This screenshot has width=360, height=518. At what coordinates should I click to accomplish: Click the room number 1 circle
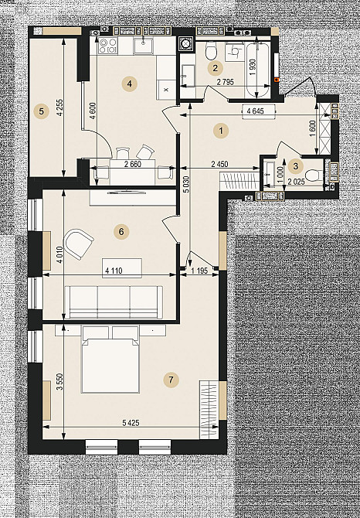point(221,131)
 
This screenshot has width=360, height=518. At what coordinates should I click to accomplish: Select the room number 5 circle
point(41,111)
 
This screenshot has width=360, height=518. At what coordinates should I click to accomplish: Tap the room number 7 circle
point(171,380)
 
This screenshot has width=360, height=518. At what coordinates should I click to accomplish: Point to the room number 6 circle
point(121,232)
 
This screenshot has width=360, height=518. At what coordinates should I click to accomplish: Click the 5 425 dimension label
point(131,423)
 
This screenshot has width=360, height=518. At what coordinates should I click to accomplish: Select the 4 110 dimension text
point(114,271)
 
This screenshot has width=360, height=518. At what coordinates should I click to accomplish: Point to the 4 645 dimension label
point(255,111)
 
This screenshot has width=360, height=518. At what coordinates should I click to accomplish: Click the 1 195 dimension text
point(199,271)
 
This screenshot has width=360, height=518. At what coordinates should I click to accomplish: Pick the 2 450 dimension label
point(219,164)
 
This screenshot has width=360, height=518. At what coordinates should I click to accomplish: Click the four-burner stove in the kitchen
point(108,46)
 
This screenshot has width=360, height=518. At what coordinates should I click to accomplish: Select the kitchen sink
point(143,46)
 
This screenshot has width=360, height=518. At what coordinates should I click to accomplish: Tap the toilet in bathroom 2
point(211,50)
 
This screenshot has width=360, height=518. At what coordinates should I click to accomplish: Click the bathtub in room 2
point(258,70)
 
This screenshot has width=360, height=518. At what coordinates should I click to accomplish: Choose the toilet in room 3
point(313,175)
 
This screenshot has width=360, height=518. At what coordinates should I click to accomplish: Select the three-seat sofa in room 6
point(114,302)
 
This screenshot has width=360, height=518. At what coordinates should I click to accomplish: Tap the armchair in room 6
point(78,244)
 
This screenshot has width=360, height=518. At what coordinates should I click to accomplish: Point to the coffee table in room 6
point(122,268)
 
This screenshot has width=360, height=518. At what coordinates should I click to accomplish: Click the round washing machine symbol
point(185,43)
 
